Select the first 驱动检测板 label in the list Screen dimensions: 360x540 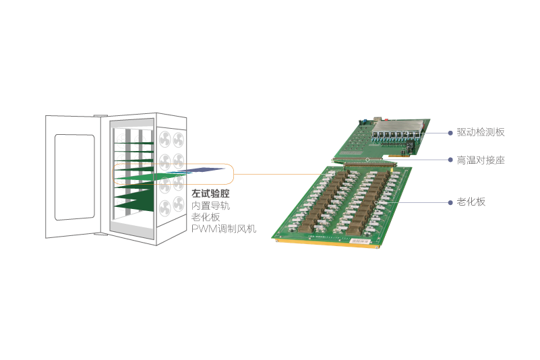481,132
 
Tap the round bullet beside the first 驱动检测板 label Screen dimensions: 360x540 450,133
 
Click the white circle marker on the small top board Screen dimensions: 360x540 367,159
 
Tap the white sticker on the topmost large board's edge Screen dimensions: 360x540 357,239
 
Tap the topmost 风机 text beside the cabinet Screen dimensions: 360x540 245,229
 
